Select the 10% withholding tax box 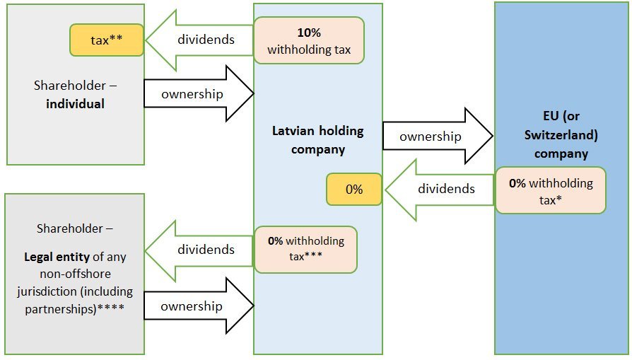click(309, 41)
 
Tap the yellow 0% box click(354, 190)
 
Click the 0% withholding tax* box click(550, 190)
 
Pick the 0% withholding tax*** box click(305, 248)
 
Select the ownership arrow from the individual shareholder click(199, 93)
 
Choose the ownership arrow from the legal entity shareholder click(199, 306)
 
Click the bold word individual click(75, 103)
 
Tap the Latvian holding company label click(317, 140)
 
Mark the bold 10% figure click(308, 33)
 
